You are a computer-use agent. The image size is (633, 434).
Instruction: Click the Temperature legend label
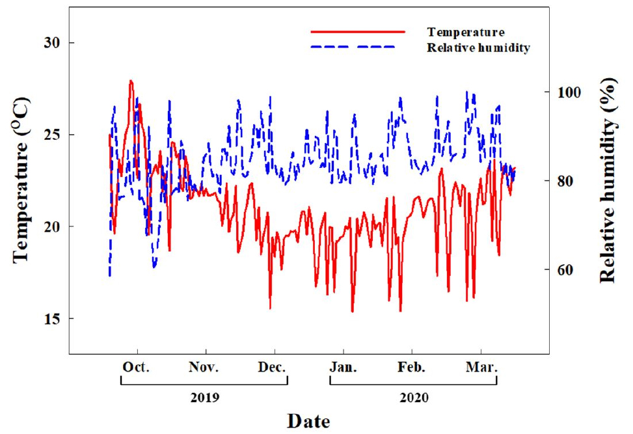pyautogui.click(x=466, y=32)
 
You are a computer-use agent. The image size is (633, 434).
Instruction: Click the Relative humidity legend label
pyautogui.click(x=478, y=47)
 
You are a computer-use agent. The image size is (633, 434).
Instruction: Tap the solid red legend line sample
pyautogui.click(x=357, y=31)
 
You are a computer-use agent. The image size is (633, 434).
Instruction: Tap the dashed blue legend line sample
pyautogui.click(x=357, y=47)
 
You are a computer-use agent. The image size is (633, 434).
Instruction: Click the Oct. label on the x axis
pyautogui.click(x=137, y=367)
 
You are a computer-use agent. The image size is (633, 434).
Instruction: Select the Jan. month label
pyautogui.click(x=343, y=367)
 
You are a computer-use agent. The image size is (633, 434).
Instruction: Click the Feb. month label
pyautogui.click(x=411, y=367)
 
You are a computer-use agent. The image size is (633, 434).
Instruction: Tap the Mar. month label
pyautogui.click(x=482, y=367)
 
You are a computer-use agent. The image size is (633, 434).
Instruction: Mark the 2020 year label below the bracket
pyautogui.click(x=414, y=397)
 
